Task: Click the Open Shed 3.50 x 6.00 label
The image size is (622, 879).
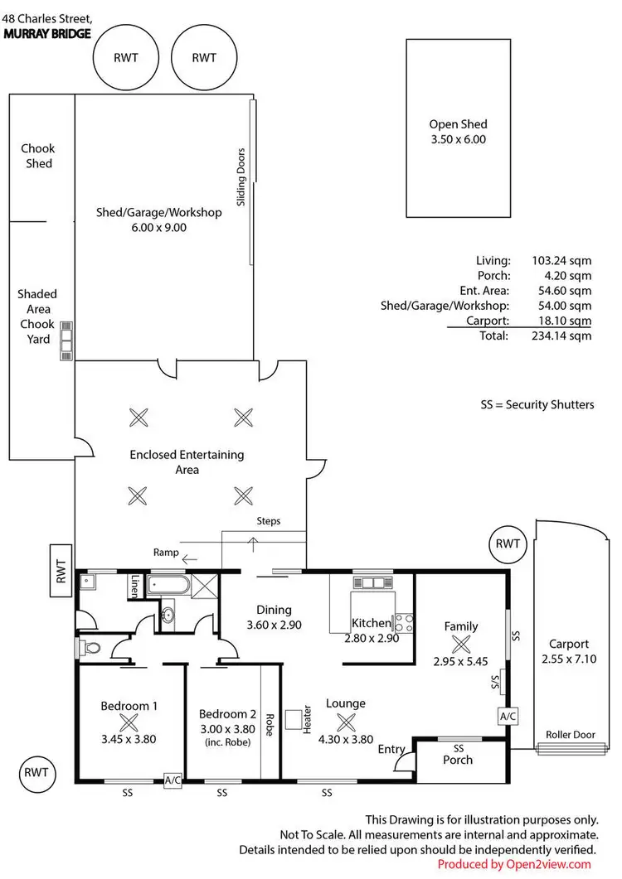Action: tap(457, 133)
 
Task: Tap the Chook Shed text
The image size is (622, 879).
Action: tap(38, 156)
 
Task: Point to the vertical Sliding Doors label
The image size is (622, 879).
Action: tap(241, 176)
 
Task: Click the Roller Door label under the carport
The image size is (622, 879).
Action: tap(570, 735)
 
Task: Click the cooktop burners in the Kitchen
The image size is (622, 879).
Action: tap(404, 621)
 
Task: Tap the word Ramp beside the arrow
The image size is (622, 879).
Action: tap(166, 552)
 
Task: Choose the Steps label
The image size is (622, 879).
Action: tap(269, 521)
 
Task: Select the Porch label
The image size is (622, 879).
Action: tap(457, 760)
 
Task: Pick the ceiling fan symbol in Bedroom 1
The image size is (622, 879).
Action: tap(128, 722)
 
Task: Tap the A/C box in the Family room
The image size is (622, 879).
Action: tap(507, 714)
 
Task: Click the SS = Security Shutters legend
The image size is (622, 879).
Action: tap(537, 405)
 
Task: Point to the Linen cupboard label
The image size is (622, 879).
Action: tap(134, 587)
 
